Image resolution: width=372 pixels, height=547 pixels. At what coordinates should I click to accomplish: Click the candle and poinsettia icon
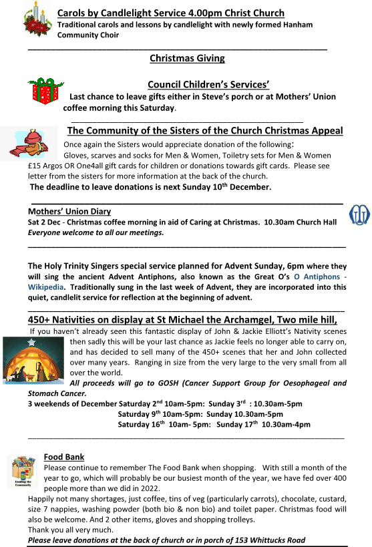37,19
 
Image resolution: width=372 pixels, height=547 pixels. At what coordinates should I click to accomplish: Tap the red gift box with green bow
45,92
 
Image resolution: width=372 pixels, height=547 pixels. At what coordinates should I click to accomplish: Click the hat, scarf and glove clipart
29,143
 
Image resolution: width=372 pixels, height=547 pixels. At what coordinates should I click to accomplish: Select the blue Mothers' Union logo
359,215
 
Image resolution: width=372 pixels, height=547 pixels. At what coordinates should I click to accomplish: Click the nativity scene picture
33,361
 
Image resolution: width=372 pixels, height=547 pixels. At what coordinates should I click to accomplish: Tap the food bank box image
23,472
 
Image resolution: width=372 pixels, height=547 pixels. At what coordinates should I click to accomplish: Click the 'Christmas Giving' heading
187,58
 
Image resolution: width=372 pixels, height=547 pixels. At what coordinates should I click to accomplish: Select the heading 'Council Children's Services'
208,85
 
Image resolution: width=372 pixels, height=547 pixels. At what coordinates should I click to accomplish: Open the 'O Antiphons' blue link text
317,277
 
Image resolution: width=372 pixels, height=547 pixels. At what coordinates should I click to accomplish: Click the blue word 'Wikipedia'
45,287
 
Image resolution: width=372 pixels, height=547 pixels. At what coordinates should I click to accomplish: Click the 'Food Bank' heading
64,457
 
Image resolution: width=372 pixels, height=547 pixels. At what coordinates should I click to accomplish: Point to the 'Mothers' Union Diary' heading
69,212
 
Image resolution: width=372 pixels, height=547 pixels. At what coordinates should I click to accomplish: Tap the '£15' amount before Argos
34,166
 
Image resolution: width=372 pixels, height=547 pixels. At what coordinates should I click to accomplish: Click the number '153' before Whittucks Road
242,540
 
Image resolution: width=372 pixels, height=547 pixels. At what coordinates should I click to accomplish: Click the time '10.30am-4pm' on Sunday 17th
286,425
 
